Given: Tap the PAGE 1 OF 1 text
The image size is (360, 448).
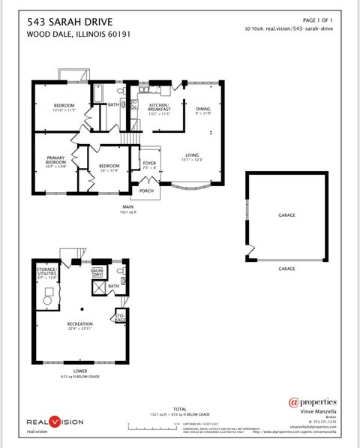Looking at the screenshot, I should tap(317, 20).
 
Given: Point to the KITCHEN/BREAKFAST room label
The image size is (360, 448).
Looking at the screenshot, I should tap(160, 107).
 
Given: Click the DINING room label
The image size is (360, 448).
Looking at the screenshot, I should tap(203, 109).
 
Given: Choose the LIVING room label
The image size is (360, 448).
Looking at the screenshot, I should tap(192, 155).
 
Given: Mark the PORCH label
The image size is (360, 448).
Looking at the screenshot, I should tap(146, 191).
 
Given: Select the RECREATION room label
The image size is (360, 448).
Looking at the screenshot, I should tap(80, 325).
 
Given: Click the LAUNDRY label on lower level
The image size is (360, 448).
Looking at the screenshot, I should tap(97, 272).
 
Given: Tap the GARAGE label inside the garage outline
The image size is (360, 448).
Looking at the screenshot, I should tap(286, 215).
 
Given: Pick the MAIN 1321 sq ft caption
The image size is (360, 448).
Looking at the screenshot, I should tap(128, 209).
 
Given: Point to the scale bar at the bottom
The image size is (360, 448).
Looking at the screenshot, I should tap(153, 424).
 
